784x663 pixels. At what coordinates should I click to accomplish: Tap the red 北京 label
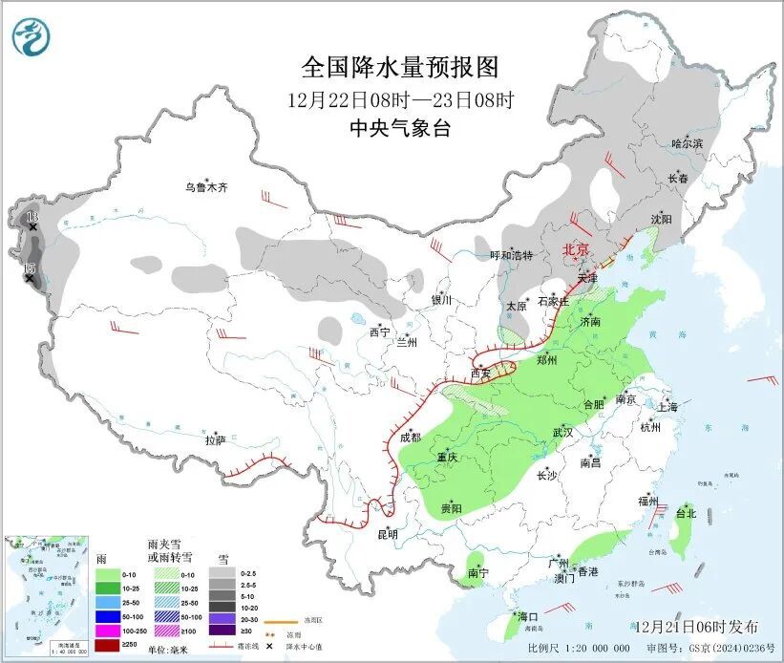[x=576, y=249]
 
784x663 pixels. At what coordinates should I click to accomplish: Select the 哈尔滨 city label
[x=687, y=143]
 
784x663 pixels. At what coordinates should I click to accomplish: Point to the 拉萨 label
[x=215, y=440]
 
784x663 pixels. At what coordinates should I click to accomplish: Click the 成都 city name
[x=411, y=438]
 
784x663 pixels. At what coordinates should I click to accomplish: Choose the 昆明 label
[x=387, y=533]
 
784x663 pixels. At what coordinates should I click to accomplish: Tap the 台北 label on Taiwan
[x=686, y=513]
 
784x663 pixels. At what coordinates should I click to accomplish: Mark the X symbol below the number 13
[x=32, y=227]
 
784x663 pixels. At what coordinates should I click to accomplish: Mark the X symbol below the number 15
[x=30, y=279]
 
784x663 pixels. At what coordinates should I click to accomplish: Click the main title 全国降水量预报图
[x=400, y=68]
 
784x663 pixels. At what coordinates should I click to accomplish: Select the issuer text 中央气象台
[x=400, y=129]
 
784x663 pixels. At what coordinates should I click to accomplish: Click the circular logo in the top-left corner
[x=32, y=37]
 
